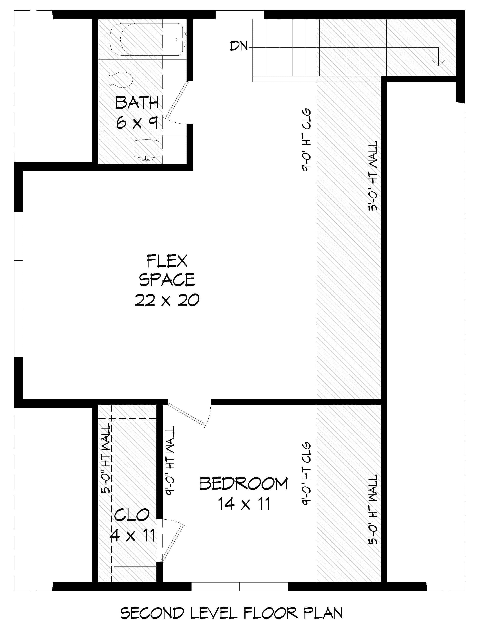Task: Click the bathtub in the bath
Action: (146, 39)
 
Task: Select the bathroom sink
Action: (146, 149)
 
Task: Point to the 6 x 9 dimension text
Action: (137, 123)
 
